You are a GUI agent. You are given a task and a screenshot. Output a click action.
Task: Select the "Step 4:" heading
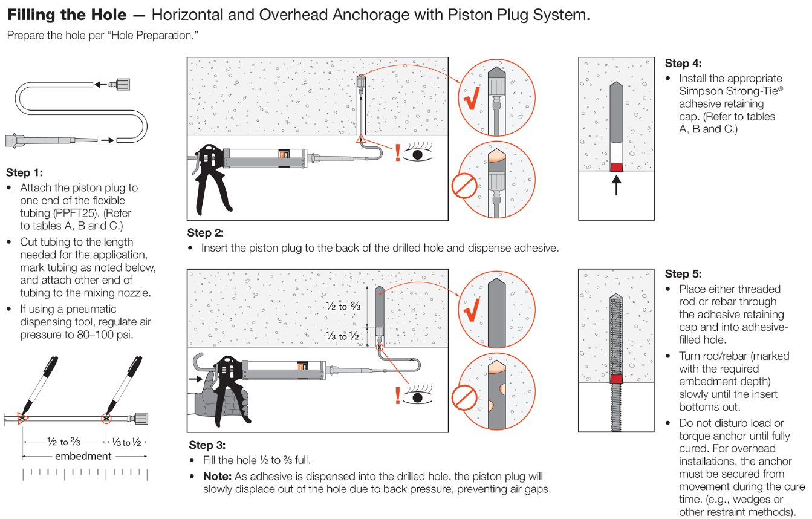(683, 64)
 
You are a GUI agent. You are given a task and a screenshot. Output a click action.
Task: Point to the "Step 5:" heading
(683, 274)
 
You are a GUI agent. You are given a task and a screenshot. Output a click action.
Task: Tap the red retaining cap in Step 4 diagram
(616, 166)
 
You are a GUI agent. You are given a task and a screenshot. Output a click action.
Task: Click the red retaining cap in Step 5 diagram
(616, 379)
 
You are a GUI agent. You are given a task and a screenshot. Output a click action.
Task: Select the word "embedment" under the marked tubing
(83, 455)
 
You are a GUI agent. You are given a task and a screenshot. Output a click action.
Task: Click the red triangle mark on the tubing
(22, 417)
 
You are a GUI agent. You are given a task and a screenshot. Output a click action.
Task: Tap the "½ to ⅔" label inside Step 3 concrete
(343, 307)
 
